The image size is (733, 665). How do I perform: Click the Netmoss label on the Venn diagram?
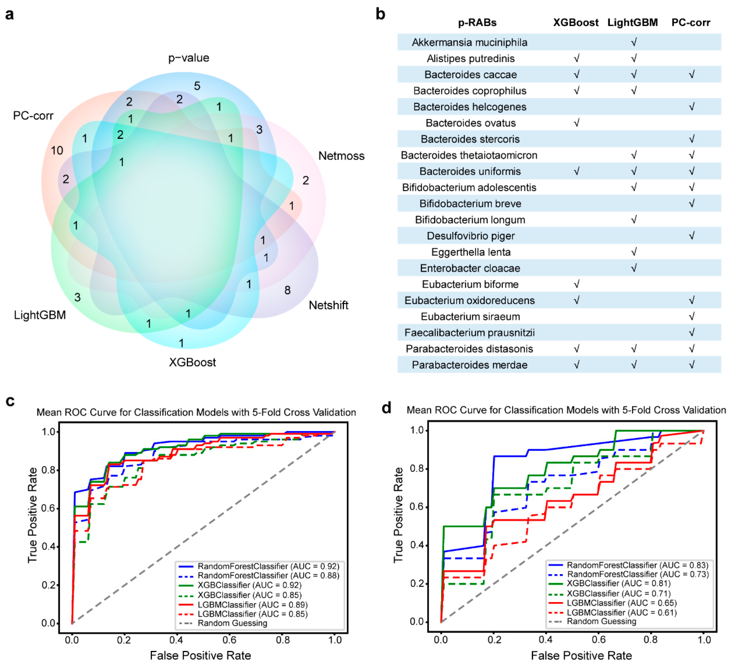click(341, 156)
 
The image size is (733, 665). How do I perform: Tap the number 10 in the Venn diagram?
click(57, 151)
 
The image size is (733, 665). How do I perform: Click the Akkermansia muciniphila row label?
click(469, 43)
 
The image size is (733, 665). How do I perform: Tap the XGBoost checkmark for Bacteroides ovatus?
click(576, 123)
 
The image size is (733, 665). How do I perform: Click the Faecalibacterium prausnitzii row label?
click(469, 333)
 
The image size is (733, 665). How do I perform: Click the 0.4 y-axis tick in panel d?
click(417, 545)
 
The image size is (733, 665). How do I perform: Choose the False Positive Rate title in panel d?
click(581, 655)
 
